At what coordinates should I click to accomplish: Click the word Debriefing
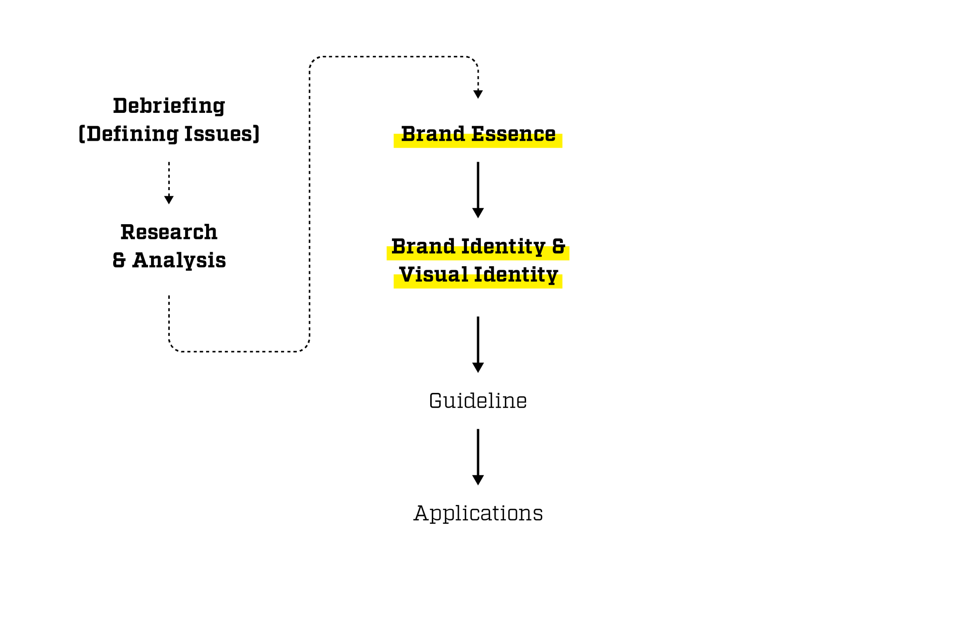point(169,106)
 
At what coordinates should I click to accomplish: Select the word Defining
point(132,134)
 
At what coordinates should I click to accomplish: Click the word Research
point(169,232)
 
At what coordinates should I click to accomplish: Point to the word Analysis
point(179,261)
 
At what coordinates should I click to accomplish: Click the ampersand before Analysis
point(119,260)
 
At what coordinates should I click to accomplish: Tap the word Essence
point(513,134)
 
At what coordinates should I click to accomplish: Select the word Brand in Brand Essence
point(433,134)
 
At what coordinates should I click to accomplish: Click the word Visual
point(434,275)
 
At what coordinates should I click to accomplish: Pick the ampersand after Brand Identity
point(559,246)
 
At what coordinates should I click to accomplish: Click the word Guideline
point(478,401)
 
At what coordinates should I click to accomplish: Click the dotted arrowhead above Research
point(169,200)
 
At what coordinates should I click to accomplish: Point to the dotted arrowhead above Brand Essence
point(478,94)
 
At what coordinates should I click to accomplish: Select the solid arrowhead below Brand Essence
point(478,213)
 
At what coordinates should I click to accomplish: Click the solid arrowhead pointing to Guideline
point(478,368)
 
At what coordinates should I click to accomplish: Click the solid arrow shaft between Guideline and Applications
point(478,452)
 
